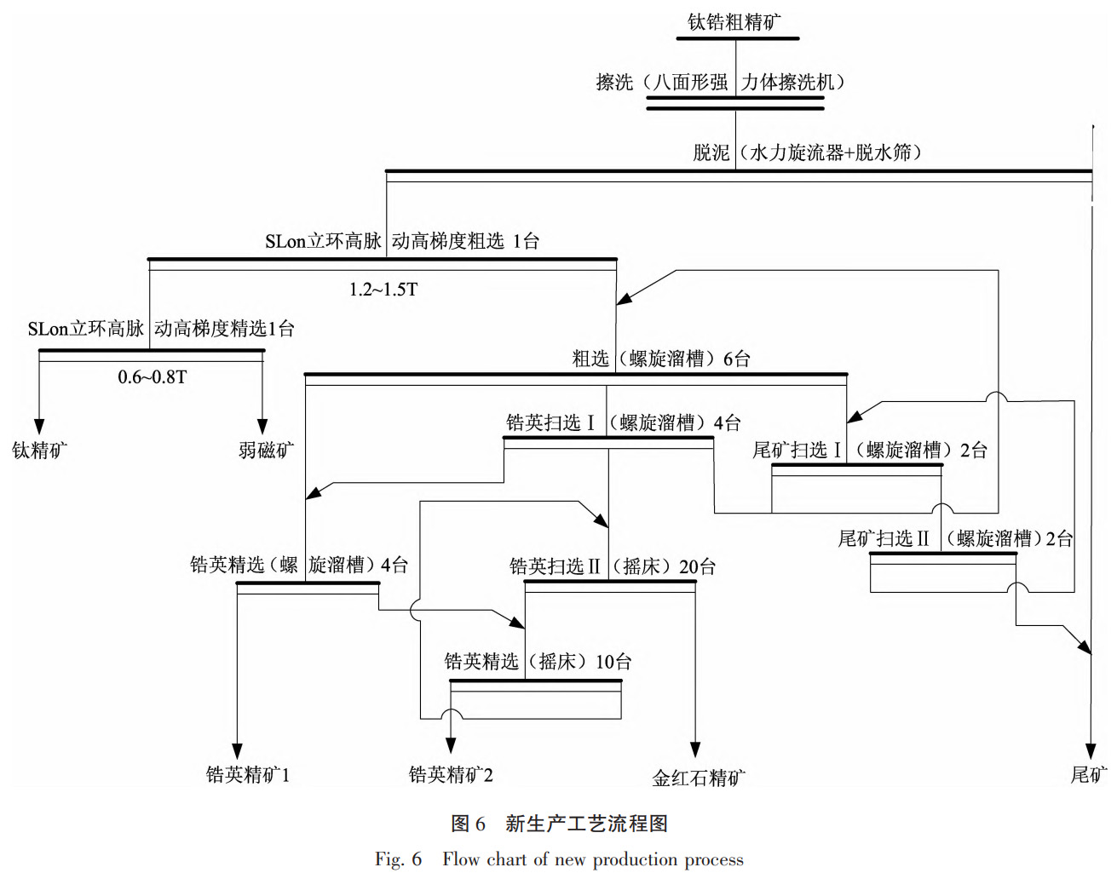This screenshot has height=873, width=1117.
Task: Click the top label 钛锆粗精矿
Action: point(734,22)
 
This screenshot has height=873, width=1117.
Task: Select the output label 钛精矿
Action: point(39,450)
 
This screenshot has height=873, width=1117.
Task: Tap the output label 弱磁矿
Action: point(266,450)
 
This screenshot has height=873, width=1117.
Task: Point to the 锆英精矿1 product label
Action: point(247,774)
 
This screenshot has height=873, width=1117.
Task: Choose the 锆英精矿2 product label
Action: point(451,774)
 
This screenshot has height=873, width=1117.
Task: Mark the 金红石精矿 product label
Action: point(698,778)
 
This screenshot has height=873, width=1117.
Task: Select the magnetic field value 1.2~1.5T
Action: point(383,290)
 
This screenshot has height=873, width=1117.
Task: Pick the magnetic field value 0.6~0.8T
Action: point(152,376)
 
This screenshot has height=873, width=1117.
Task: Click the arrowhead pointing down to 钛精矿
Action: point(39,427)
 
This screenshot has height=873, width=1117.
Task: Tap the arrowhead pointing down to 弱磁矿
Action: point(262,427)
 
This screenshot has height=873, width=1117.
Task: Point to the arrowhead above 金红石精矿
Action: point(695,750)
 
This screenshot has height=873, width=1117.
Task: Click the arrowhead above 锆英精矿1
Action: point(238,750)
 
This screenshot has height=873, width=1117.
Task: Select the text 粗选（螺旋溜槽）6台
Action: point(661,359)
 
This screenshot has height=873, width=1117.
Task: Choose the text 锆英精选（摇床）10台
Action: point(538,662)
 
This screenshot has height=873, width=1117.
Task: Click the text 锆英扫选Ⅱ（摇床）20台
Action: point(612,566)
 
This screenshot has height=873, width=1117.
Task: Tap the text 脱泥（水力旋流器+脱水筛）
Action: point(806,152)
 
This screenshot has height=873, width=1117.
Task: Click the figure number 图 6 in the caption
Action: point(468,824)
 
